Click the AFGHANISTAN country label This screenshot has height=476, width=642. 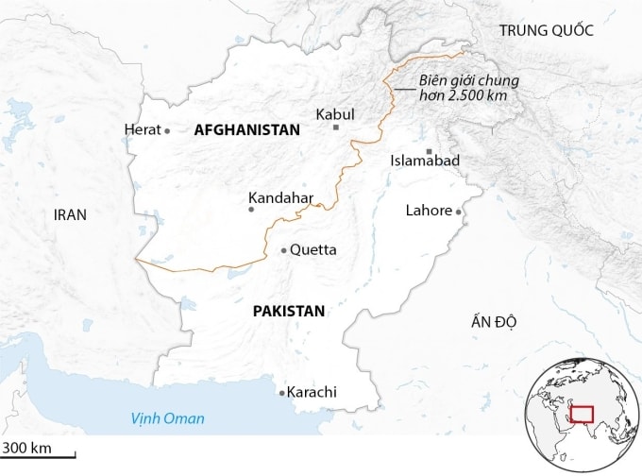tap(246, 130)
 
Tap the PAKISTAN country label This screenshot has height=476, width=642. tap(289, 311)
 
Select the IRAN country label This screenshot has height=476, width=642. tap(70, 214)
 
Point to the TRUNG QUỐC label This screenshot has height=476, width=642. tap(547, 30)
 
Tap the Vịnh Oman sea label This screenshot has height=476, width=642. tap(167, 417)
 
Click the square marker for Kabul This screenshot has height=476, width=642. tap(335, 127)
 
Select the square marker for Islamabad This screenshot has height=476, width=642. tap(429, 151)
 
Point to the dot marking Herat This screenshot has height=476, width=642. tap(167, 130)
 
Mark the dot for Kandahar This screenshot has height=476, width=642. tap(251, 210)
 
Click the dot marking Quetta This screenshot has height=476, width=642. tap(284, 250)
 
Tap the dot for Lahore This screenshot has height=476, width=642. tap(460, 212)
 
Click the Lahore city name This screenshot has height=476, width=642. tap(429, 211)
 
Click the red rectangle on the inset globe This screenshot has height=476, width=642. tap(581, 414)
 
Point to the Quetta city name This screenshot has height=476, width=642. tap(313, 250)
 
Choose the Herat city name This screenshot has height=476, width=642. tap(143, 130)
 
